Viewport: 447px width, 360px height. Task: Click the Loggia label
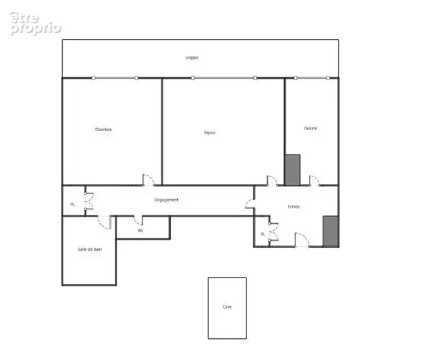coord(192,57)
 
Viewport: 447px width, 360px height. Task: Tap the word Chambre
coord(103,130)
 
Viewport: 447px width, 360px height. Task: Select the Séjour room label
coord(210,133)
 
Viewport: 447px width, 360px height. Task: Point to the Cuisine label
coord(310,128)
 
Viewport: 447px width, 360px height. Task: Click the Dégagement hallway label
coord(167,200)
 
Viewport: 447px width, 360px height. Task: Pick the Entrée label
coord(294,207)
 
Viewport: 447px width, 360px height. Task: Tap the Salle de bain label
coord(90,249)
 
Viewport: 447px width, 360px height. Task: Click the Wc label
coord(140,230)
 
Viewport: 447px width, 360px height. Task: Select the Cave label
coord(227,307)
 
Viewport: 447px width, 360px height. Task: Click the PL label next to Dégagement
coord(73,204)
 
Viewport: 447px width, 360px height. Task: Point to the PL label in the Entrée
coord(263,234)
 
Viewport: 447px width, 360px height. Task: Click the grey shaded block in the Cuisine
coord(293,170)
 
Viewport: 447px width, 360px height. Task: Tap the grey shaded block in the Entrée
coord(331,231)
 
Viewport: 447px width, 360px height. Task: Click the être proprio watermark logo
coord(35,23)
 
